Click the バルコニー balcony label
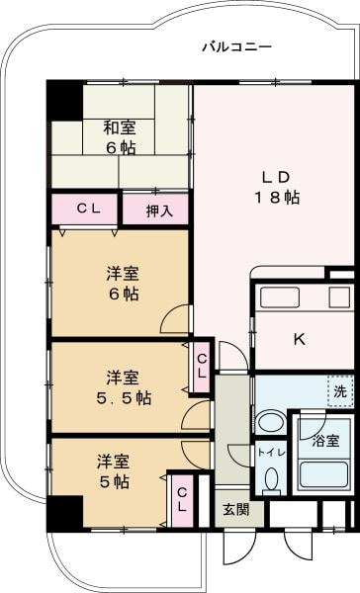coord(236,46)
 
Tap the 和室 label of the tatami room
coord(120,127)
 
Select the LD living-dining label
coord(276,177)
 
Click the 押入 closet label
coord(159,210)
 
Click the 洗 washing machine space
coord(339,390)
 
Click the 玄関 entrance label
coord(235,510)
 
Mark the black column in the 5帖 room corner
coord(64,513)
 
